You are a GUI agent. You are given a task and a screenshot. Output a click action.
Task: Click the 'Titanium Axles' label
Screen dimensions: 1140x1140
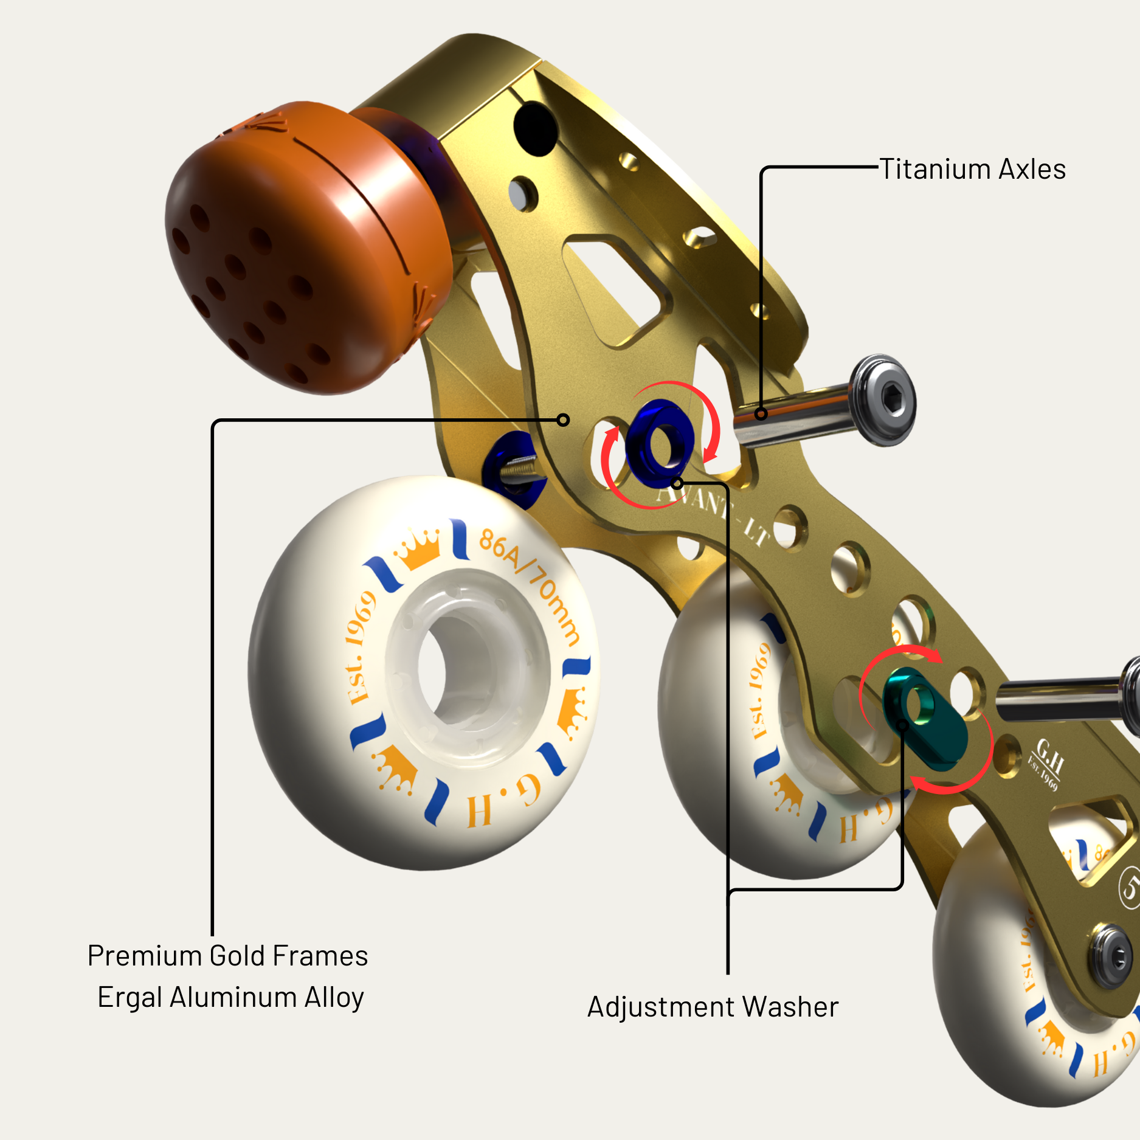[x=972, y=169]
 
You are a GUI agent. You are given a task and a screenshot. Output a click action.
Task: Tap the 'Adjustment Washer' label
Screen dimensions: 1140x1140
[x=713, y=1007]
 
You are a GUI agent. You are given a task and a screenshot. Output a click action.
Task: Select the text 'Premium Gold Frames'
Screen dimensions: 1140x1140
[x=227, y=956]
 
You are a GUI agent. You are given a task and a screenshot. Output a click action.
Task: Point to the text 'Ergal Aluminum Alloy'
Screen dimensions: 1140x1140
[x=230, y=997]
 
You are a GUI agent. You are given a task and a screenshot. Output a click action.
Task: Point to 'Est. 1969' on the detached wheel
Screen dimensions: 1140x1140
[x=361, y=648]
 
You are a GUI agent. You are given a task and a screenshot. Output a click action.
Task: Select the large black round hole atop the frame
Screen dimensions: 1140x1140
[x=535, y=128]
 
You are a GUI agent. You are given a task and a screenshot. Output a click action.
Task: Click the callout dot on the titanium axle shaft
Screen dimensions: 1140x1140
[x=761, y=414]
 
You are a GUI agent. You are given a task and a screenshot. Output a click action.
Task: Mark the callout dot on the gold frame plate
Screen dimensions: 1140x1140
[x=564, y=420]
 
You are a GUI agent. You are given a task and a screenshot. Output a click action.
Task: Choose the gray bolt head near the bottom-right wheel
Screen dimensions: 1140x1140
[x=1111, y=955]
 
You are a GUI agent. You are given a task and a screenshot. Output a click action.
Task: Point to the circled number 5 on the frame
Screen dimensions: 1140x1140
[x=1130, y=888]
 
